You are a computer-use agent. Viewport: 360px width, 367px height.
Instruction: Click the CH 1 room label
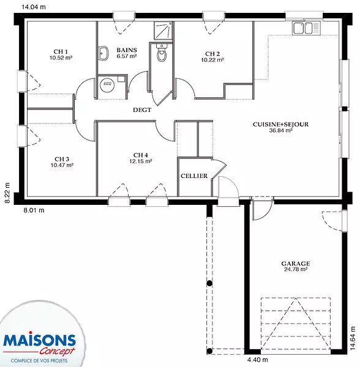(61, 52)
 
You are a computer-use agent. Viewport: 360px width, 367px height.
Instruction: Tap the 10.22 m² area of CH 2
(212, 60)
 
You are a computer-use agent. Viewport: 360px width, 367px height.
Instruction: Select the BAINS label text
(127, 50)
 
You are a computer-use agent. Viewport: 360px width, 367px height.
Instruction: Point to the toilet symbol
(162, 53)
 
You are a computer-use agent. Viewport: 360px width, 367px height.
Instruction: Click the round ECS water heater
(107, 84)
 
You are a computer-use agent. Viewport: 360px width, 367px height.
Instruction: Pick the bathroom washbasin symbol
(103, 53)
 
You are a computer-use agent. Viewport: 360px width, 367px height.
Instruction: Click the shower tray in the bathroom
(163, 31)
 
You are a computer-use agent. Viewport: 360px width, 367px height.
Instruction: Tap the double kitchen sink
(306, 28)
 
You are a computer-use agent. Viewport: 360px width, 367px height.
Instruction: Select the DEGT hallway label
(142, 110)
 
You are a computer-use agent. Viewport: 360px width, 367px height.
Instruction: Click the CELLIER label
(194, 176)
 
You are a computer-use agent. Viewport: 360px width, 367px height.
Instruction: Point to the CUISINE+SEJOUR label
(280, 124)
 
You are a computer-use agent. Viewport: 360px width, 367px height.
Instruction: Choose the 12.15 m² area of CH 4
(141, 161)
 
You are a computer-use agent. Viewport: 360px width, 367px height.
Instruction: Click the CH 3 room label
(62, 159)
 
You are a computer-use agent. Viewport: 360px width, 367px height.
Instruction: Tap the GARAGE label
(296, 264)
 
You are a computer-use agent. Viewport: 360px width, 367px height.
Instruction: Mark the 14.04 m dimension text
(34, 7)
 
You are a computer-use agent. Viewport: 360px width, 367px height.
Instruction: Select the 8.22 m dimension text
(7, 193)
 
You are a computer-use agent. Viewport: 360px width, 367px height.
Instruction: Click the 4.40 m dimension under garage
(257, 360)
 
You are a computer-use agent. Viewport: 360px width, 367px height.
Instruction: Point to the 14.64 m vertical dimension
(353, 338)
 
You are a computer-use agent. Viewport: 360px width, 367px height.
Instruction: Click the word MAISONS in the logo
(39, 340)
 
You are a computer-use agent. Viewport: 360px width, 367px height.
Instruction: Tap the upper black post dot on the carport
(209, 283)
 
